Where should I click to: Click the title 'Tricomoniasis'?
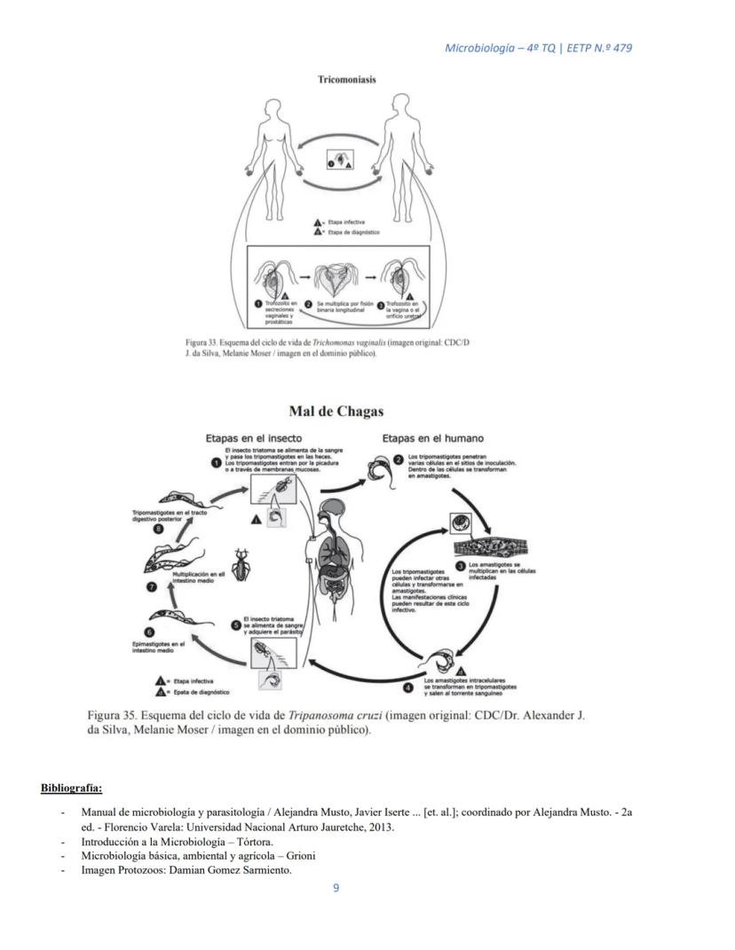click(346, 79)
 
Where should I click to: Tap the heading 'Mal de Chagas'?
click(336, 411)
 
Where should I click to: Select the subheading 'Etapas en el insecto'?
click(253, 438)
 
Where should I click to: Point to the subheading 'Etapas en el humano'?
click(433, 438)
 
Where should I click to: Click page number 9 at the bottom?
click(336, 888)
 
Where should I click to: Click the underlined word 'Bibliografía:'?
click(71, 788)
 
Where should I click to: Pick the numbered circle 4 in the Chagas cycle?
click(407, 687)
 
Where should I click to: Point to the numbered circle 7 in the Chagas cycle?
click(150, 586)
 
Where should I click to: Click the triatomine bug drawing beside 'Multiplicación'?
click(240, 562)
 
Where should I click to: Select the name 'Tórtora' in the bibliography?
click(265, 841)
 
